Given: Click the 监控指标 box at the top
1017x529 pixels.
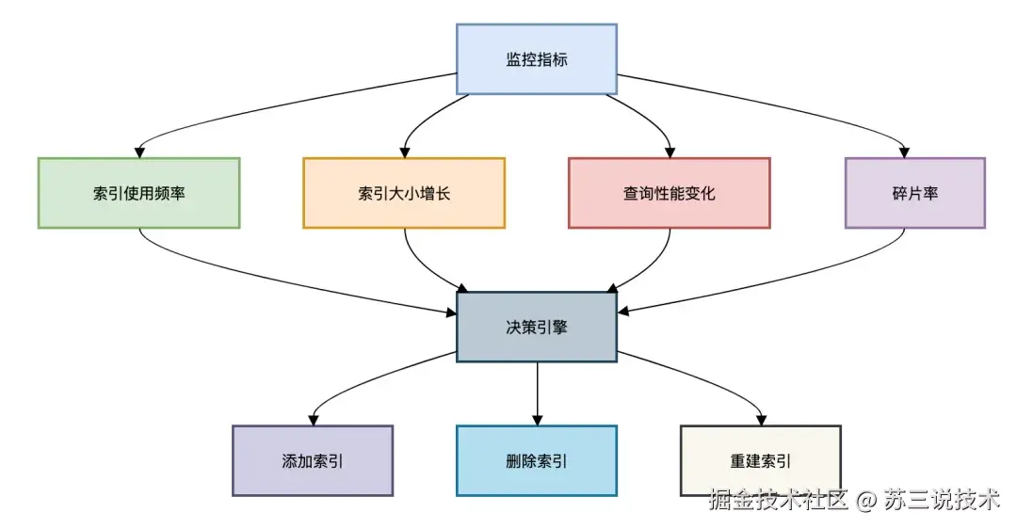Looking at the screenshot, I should [536, 59].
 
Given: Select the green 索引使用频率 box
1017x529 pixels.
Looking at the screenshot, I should [138, 193].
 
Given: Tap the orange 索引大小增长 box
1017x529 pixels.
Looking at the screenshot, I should [404, 193].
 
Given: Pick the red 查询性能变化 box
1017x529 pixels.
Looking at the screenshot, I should [669, 193].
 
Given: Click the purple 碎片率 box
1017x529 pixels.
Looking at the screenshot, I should [914, 193].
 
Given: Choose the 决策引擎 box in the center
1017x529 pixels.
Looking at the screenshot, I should [536, 327].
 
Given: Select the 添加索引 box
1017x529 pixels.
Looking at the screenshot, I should [312, 460].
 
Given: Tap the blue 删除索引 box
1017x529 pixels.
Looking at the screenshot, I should [536, 460].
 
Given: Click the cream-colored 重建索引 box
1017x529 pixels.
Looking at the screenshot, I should [760, 460].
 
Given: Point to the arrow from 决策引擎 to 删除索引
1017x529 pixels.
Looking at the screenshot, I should [537, 391].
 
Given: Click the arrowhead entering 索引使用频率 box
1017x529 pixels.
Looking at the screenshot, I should [139, 151].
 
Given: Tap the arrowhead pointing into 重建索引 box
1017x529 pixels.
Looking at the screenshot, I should [760, 419].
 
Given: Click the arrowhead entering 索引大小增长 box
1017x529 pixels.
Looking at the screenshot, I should [405, 151].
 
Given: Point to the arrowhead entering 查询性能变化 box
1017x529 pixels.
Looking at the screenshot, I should [670, 151].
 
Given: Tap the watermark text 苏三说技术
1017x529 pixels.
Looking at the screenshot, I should [941, 500].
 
